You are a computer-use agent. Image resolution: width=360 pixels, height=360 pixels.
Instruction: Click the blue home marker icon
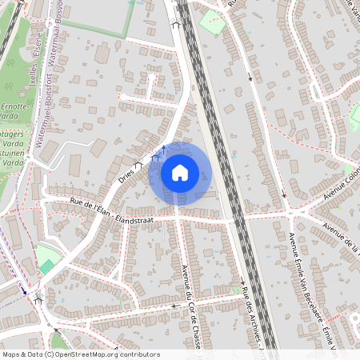[x=179, y=173]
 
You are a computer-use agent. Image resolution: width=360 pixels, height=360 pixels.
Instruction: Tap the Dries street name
[x=126, y=175]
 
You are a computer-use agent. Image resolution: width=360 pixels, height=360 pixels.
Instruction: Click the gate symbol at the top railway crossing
[x=175, y=24]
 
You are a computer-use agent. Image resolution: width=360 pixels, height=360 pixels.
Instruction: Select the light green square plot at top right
[x=211, y=22]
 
